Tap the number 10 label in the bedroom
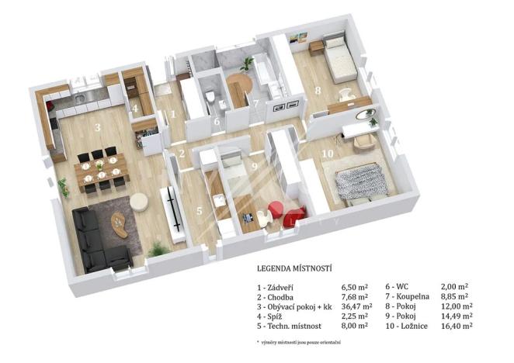pos(328,153)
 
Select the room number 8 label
pos(318,90)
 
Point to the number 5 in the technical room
pos(199,209)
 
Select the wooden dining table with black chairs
pos(101,168)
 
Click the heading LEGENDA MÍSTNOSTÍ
pos(294,269)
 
